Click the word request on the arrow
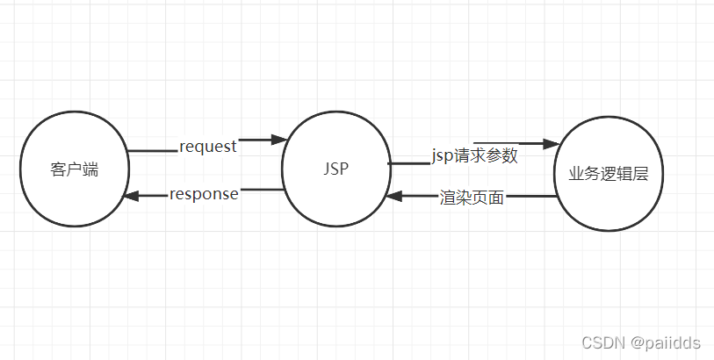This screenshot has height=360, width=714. tap(208, 147)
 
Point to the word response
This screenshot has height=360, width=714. tap(204, 194)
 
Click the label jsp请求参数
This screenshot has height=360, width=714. tap(474, 156)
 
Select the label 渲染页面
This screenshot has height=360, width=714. tap(472, 198)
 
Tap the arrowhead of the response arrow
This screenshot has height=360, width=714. tap(131, 196)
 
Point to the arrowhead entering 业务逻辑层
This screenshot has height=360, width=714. tap(552, 144)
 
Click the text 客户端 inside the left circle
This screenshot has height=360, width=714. tap(74, 169)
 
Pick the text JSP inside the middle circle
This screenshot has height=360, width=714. tap(335, 169)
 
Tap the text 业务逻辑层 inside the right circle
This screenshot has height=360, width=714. tap(608, 174)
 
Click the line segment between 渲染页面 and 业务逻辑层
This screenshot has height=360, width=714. tap(531, 197)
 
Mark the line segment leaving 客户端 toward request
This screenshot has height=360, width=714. tap(152, 151)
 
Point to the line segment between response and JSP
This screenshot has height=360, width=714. tap(262, 190)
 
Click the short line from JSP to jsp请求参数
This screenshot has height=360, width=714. tap(408, 162)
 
